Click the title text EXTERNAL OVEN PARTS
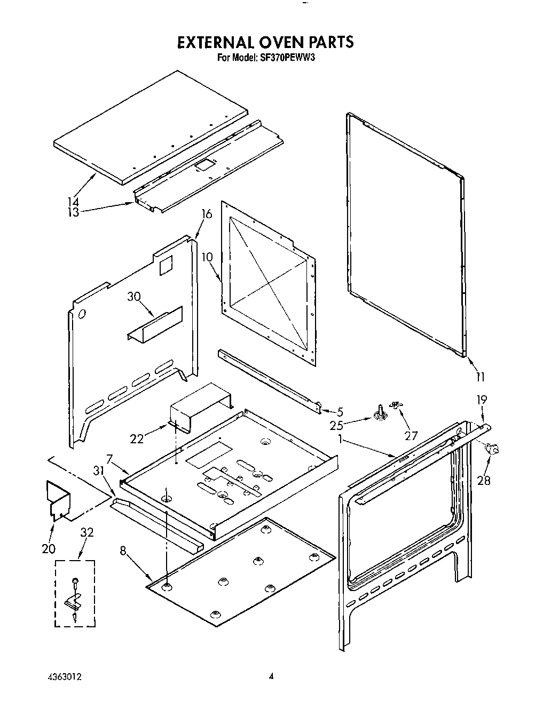tap(265, 42)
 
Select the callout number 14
tap(73, 202)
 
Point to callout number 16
tap(207, 214)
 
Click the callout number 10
tap(208, 257)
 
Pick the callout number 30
tap(133, 297)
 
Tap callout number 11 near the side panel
tap(480, 377)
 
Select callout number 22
tap(137, 438)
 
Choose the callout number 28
tap(484, 480)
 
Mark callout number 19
tap(482, 399)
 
